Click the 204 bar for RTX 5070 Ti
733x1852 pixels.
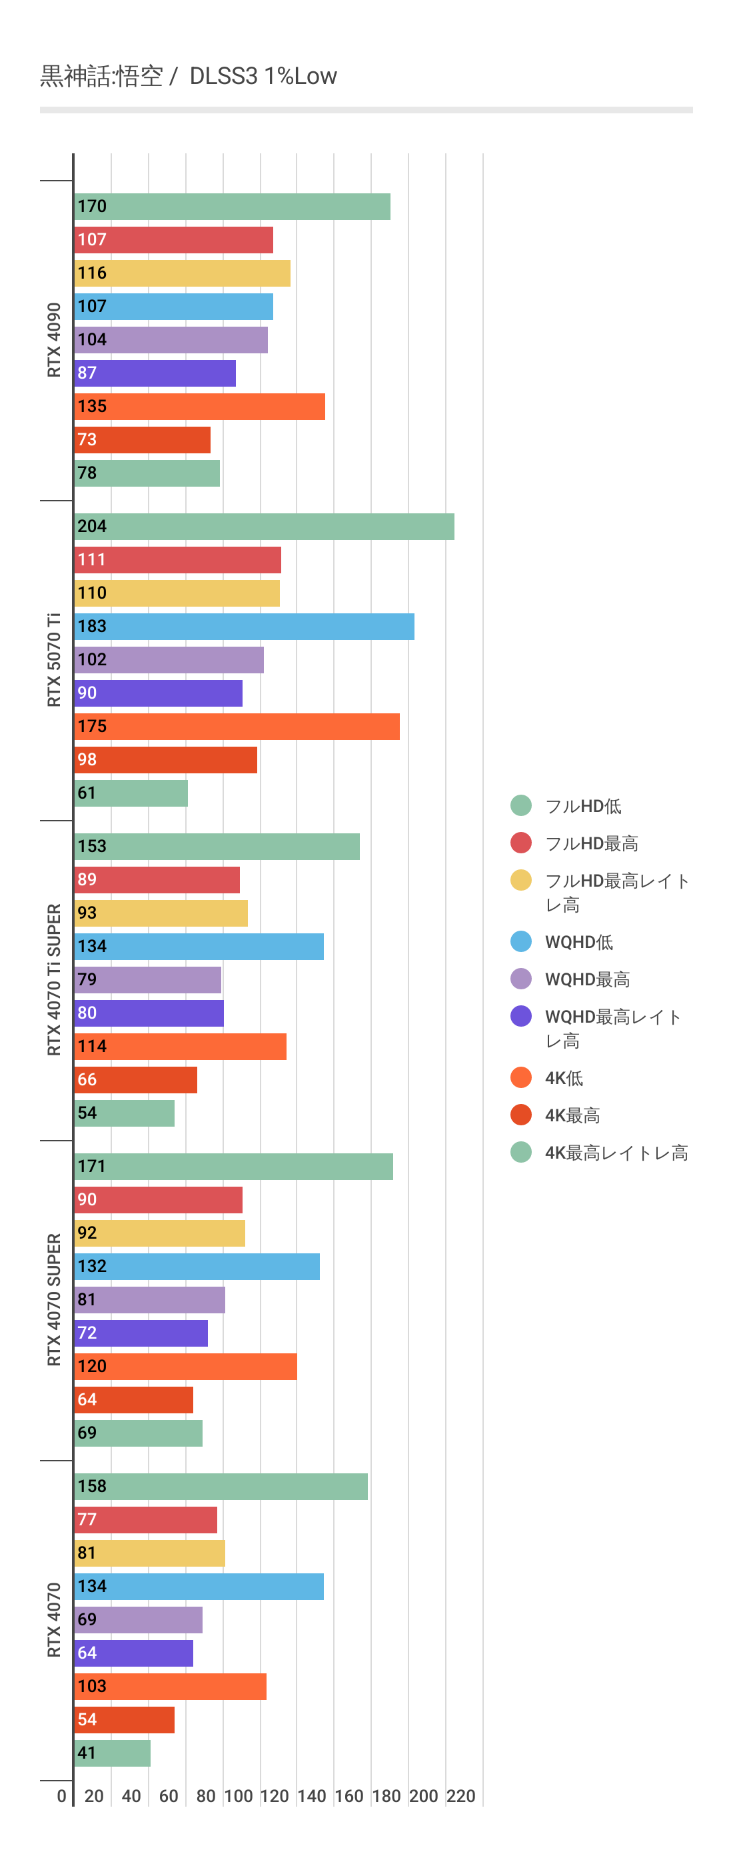click(x=264, y=526)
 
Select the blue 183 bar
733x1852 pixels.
click(x=244, y=626)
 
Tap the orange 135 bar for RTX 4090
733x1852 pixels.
click(x=199, y=406)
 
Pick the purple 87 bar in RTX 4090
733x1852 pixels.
click(x=155, y=373)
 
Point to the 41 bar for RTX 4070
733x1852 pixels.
click(x=112, y=1753)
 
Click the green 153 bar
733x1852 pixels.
click(x=217, y=846)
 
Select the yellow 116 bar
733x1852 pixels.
click(x=182, y=273)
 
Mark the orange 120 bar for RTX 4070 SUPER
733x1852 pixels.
click(x=185, y=1366)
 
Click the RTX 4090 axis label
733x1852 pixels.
click(x=54, y=340)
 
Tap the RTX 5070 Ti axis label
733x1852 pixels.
click(x=54, y=660)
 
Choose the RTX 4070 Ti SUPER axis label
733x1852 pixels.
click(x=54, y=979)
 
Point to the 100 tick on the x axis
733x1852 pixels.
click(x=238, y=1796)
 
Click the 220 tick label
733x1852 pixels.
click(x=460, y=1796)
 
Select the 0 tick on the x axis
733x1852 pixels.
click(x=62, y=1796)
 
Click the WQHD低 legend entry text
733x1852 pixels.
click(x=578, y=942)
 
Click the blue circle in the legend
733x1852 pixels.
click(x=521, y=941)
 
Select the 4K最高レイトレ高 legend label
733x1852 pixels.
click(x=616, y=1153)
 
